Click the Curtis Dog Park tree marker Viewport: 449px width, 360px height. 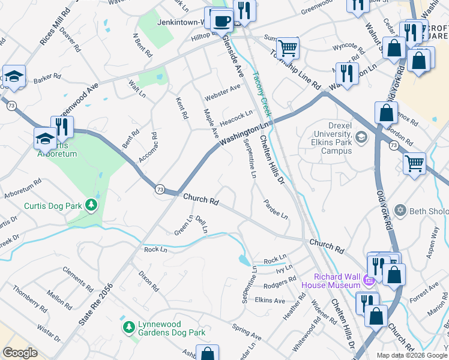point(91,206)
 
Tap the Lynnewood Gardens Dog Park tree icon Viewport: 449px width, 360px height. point(128,326)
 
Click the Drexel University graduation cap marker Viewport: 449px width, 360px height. point(361,137)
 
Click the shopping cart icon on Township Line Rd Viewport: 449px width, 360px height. point(288,46)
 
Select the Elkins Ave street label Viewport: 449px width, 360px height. point(270,300)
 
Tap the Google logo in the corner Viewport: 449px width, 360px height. point(20,353)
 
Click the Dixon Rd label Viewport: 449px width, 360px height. point(148,280)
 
